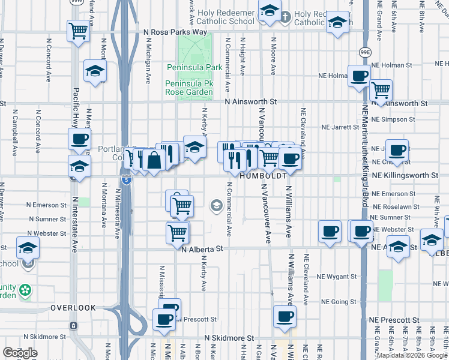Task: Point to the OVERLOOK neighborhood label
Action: click(x=73, y=308)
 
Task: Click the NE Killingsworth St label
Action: click(x=405, y=175)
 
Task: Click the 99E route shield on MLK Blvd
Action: click(x=364, y=52)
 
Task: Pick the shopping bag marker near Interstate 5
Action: click(x=154, y=160)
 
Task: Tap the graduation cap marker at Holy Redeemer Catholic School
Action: click(x=270, y=10)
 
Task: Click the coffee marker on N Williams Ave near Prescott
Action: click(x=285, y=316)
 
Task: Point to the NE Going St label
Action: click(x=339, y=302)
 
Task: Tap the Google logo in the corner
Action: click(x=20, y=353)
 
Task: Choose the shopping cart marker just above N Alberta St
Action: click(x=178, y=232)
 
